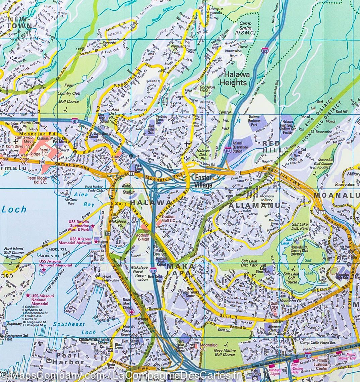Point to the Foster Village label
[203, 182]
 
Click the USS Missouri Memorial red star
[28, 295]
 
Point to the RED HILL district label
[273, 146]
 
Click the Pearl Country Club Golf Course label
[68, 97]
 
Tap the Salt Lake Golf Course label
[291, 277]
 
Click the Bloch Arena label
[120, 346]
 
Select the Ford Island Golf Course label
[14, 253]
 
